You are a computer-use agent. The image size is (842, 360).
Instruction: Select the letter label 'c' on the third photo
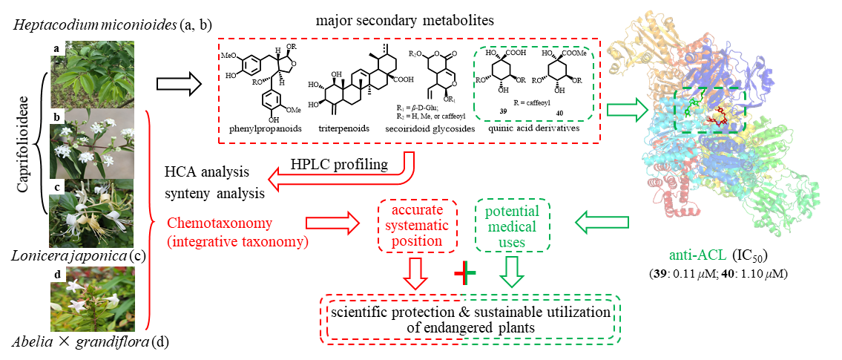pyautogui.click(x=57, y=186)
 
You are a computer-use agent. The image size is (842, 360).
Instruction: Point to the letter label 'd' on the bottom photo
pyautogui.click(x=57, y=275)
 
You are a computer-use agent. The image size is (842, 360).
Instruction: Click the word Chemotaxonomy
pyautogui.click(x=220, y=223)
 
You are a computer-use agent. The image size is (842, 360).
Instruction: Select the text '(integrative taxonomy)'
pyautogui.click(x=237, y=240)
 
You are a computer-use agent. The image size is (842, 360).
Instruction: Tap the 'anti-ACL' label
pyautogui.click(x=697, y=256)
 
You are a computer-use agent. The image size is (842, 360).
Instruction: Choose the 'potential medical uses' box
pyautogui.click(x=512, y=226)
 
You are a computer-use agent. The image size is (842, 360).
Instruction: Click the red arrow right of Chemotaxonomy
pyautogui.click(x=331, y=222)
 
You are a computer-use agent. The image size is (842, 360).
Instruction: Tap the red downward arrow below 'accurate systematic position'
pyautogui.click(x=415, y=272)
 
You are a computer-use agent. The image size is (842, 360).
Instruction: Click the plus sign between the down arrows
pyautogui.click(x=465, y=274)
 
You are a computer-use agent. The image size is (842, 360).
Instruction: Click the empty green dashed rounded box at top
pyautogui.click(x=533, y=83)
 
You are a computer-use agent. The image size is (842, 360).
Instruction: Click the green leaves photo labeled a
pyautogui.click(x=92, y=74)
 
